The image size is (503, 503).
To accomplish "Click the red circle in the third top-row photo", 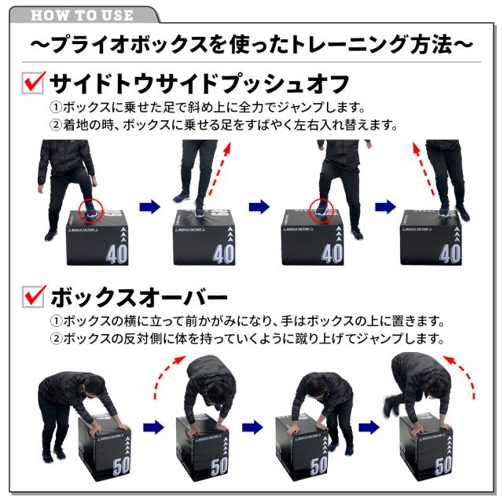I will click(x=321, y=209).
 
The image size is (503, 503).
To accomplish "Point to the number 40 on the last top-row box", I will click(x=450, y=253).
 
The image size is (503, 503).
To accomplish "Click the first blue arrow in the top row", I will click(x=149, y=207).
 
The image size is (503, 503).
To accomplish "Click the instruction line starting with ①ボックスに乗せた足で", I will click(x=228, y=107).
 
